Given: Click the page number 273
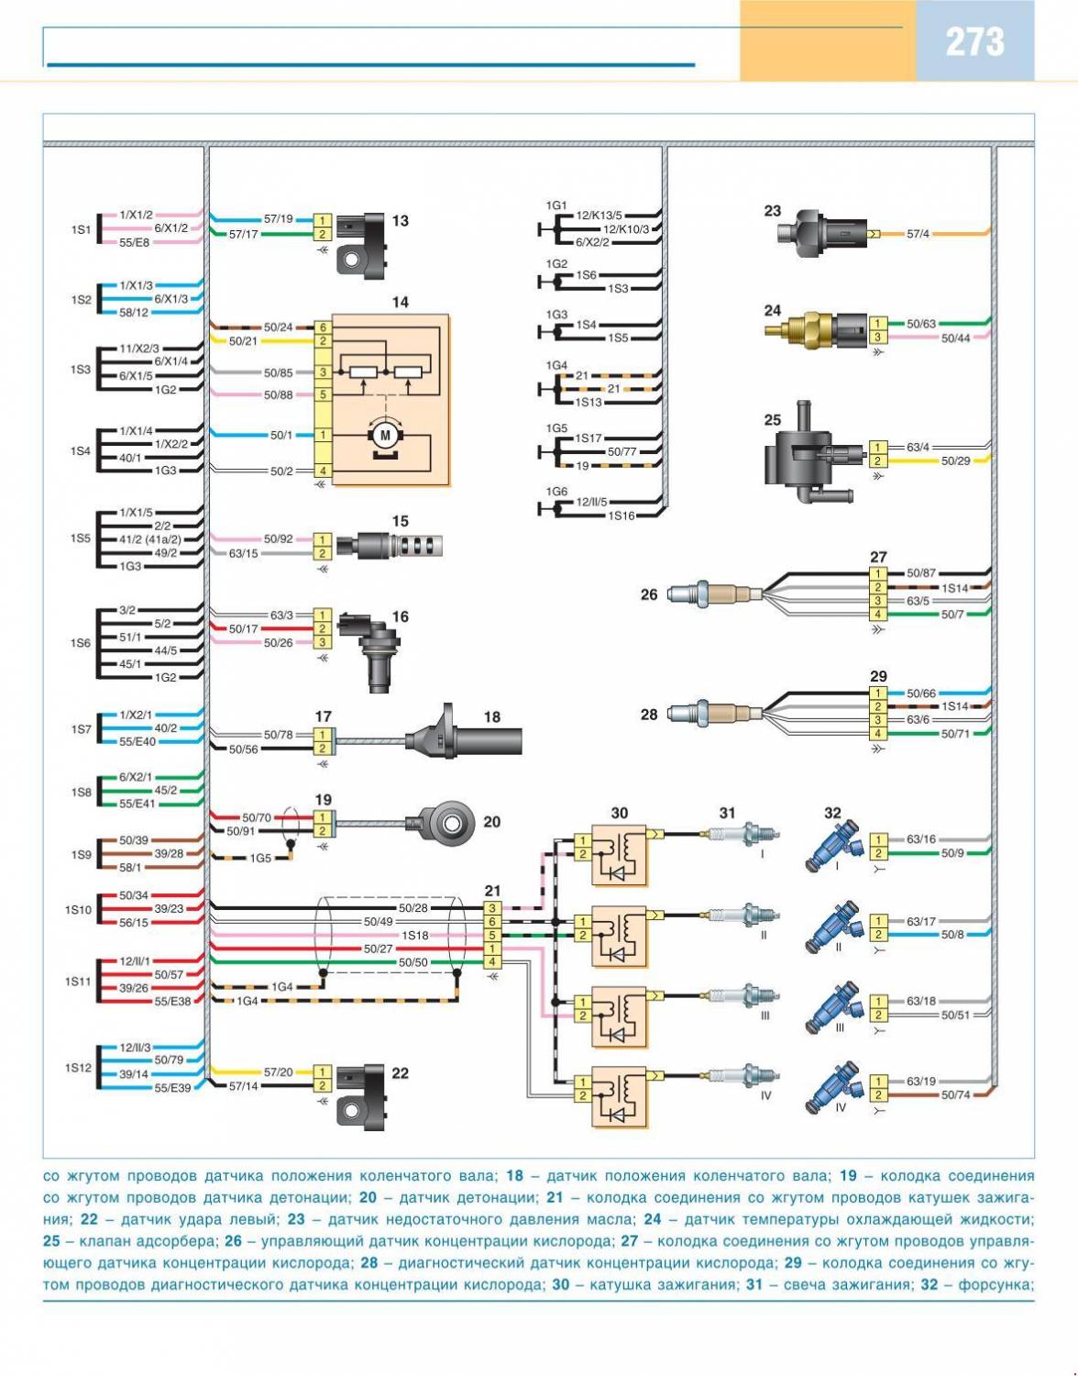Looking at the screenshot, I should click(x=974, y=41).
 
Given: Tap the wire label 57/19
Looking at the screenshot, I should click(x=278, y=220).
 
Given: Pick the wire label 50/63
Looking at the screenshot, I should click(x=920, y=324).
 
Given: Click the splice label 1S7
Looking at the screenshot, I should click(x=82, y=729).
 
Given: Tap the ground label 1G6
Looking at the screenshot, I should click(x=556, y=492).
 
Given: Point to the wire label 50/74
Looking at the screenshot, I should click(x=954, y=1095).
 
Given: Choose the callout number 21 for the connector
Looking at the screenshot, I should click(x=492, y=891).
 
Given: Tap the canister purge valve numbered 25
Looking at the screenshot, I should click(x=808, y=456).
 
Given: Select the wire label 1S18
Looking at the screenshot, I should click(x=415, y=936).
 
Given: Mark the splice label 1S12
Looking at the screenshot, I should click(x=78, y=1068).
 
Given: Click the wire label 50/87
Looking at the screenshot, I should click(x=920, y=573).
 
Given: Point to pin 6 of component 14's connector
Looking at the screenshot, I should click(x=323, y=327).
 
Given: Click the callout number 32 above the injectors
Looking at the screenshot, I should click(x=832, y=813).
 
